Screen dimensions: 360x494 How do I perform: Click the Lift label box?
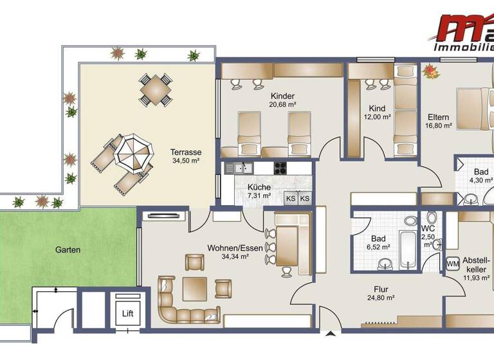[128, 314]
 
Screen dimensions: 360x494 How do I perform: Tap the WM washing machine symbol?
[452, 264]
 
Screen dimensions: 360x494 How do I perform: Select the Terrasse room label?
[186, 152]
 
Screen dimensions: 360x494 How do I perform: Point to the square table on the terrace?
[156, 89]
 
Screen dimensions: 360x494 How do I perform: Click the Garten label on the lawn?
[68, 249]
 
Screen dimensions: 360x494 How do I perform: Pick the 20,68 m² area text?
[282, 104]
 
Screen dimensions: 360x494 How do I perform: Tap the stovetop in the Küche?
[281, 168]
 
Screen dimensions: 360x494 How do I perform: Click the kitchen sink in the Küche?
[239, 168]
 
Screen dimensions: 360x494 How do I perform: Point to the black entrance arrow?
[331, 334]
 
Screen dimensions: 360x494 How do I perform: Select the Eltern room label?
[438, 118]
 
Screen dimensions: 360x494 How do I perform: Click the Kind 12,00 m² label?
[377, 113]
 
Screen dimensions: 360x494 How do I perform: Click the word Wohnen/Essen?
[228, 248]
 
